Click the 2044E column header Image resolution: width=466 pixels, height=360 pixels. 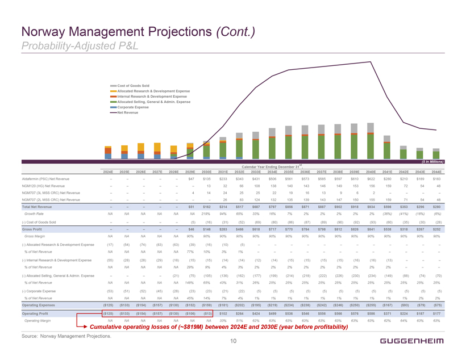point(436,171)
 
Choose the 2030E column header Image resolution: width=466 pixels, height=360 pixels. point(207,171)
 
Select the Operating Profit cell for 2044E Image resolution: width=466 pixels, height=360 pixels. point(436,296)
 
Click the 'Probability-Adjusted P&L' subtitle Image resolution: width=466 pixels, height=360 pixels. point(72,44)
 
